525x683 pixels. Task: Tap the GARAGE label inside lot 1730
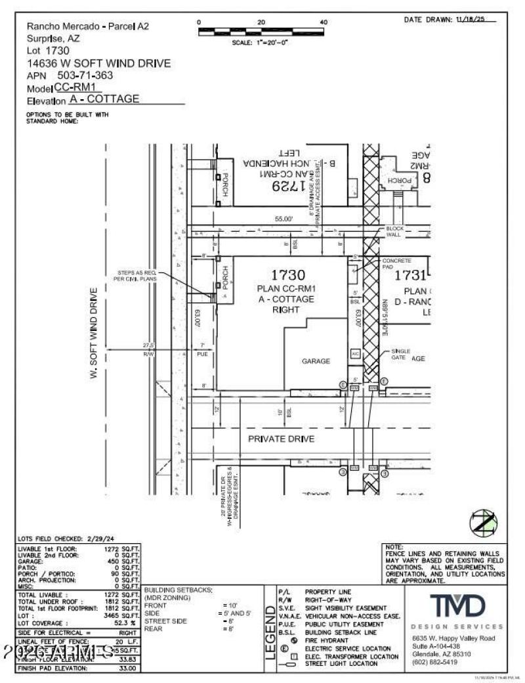pos(316,361)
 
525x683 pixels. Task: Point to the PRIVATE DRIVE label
pos(281,439)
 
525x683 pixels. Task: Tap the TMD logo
pos(457,605)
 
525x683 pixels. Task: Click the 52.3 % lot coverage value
pos(125,622)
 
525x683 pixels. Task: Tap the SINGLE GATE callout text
pos(400,355)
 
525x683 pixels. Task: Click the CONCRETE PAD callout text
pos(396,265)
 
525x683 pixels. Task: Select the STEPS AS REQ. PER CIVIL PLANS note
pos(136,276)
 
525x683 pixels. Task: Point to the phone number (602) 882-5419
pos(434,662)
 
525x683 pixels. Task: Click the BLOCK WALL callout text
pos(394,231)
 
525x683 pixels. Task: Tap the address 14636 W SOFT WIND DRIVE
pos(98,63)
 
